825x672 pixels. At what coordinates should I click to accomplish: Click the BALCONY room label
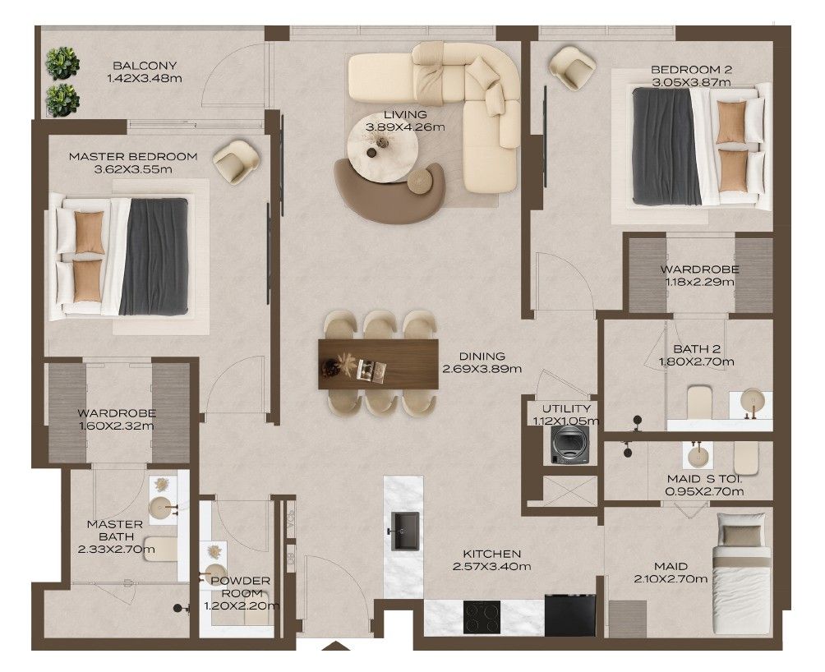point(145,66)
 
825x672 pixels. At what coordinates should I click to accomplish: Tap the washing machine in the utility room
point(569,444)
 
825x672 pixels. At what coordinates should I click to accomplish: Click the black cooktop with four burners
point(482,617)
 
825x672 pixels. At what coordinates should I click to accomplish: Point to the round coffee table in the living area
point(383,148)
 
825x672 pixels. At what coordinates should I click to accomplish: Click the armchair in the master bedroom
point(236,161)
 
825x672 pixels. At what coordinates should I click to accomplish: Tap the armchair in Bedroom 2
point(572,68)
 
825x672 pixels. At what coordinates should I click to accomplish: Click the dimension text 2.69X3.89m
point(482,369)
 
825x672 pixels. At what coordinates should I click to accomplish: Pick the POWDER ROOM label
point(241,587)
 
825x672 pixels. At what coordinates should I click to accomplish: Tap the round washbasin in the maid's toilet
point(698,455)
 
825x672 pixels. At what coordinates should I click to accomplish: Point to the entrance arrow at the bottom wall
point(335,647)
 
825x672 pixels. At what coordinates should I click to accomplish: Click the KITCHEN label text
point(492,554)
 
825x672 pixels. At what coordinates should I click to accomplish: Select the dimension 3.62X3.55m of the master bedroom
point(133,169)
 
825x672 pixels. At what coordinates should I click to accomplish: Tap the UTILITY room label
point(566,408)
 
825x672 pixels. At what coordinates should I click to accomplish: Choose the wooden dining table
point(378,364)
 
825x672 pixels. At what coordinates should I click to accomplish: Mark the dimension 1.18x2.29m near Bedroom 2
point(700,282)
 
